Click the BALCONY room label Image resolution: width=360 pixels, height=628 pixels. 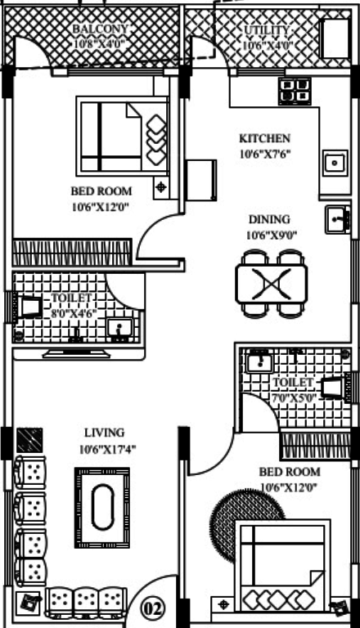pos(100,29)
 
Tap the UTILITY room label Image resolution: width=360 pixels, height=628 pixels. pos(267,30)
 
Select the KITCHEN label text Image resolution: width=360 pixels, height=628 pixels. pos(264,138)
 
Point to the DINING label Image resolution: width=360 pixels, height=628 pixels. pos(269,219)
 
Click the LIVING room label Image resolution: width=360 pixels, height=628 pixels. pos(104,433)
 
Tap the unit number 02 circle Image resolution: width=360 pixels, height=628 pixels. pos(153,609)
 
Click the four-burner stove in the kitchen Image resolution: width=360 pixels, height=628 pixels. pos(295,92)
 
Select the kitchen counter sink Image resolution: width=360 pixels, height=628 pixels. pos(335,163)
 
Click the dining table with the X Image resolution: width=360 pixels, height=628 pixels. pos(272,284)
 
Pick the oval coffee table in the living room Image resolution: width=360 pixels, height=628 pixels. pos(102,508)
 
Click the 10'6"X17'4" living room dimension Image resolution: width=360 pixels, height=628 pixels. pos(107,450)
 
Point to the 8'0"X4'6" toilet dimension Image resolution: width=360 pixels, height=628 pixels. pos(74,313)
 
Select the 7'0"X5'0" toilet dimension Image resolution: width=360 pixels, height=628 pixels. pos(295,398)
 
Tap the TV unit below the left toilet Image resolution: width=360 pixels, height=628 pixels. pos(76,353)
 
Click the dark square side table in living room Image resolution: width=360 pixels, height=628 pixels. pos(30,441)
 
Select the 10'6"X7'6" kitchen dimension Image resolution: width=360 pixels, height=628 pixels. pos(264,154)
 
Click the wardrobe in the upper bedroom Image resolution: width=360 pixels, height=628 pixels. pos(72,253)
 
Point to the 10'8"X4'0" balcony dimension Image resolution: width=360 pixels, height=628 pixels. pos(100,43)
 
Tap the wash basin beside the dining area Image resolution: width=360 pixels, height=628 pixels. pos(338,219)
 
